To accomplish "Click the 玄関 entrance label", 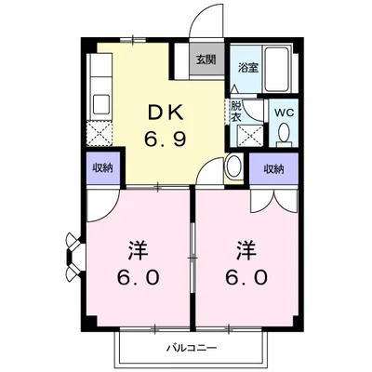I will (x=205, y=61).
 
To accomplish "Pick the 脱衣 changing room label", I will (x=236, y=112).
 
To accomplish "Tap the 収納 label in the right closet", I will (x=272, y=168).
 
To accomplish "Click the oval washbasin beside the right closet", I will (x=234, y=167).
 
